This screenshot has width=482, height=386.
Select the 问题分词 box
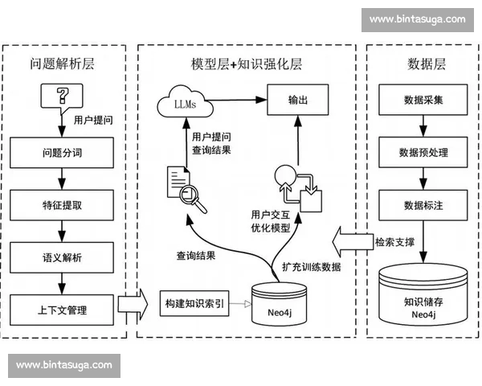[x=61, y=152]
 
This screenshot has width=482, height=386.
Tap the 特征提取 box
[x=61, y=204]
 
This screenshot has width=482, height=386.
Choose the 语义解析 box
[x=61, y=256]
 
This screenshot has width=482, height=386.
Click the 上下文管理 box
[x=61, y=308]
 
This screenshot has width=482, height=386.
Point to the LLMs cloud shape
[x=181, y=101]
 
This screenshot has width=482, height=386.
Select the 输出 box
[x=298, y=101]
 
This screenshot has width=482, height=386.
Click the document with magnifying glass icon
[x=185, y=188]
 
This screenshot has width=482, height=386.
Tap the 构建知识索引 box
[x=194, y=304]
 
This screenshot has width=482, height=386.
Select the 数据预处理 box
[x=422, y=152]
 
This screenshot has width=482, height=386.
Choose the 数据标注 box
[x=422, y=204]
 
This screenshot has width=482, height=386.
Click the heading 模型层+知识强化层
[x=245, y=64]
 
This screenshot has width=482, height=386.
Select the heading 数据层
[x=422, y=64]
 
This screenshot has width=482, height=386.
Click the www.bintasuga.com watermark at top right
[x=417, y=19]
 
